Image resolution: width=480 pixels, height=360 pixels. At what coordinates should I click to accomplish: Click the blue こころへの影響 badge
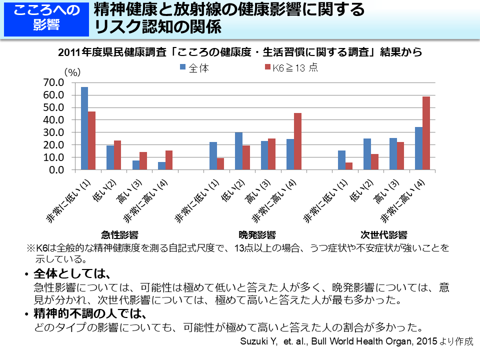tap(46, 18)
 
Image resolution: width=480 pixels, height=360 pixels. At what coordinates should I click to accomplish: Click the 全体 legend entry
tap(194, 68)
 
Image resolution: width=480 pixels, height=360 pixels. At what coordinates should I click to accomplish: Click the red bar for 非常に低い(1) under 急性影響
tap(92, 140)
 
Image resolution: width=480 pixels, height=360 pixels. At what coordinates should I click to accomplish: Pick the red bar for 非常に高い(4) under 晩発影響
tap(298, 141)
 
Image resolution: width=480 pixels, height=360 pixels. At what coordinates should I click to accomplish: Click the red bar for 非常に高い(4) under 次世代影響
tap(426, 133)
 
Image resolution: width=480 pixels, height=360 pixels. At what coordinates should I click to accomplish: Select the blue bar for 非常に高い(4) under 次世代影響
tap(418, 148)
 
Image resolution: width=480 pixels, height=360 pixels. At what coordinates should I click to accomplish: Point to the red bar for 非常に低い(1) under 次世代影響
tap(349, 166)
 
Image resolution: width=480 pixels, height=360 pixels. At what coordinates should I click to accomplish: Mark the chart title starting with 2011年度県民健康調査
tap(240, 52)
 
